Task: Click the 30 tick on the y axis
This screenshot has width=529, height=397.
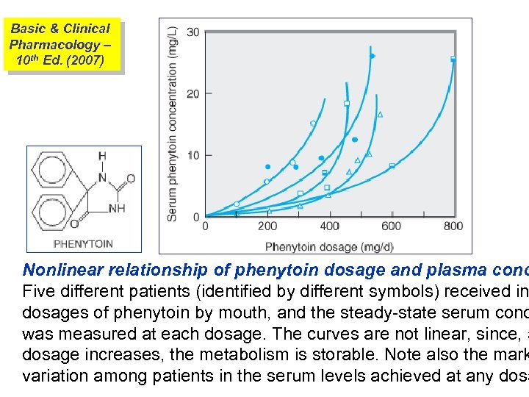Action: pyautogui.click(x=193, y=32)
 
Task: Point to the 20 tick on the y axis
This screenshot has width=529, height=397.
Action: pyautogui.click(x=193, y=93)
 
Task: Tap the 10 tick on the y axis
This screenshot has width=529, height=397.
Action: pyautogui.click(x=193, y=155)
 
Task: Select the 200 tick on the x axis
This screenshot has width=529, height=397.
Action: pyautogui.click(x=267, y=226)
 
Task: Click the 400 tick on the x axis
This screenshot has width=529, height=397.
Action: pyautogui.click(x=330, y=226)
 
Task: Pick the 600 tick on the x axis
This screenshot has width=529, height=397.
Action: pyautogui.click(x=392, y=226)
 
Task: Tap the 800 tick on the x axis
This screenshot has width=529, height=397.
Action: pyautogui.click(x=453, y=226)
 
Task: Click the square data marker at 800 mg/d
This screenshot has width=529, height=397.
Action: pyautogui.click(x=453, y=58)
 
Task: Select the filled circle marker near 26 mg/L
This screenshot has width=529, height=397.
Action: pyautogui.click(x=372, y=56)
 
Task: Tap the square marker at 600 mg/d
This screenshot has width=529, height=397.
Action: pyautogui.click(x=392, y=165)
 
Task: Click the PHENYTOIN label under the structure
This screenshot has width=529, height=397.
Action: pyautogui.click(x=83, y=243)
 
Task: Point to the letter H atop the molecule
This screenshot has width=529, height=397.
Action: pyautogui.click(x=102, y=155)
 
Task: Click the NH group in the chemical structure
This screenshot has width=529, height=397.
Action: pyautogui.click(x=117, y=209)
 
